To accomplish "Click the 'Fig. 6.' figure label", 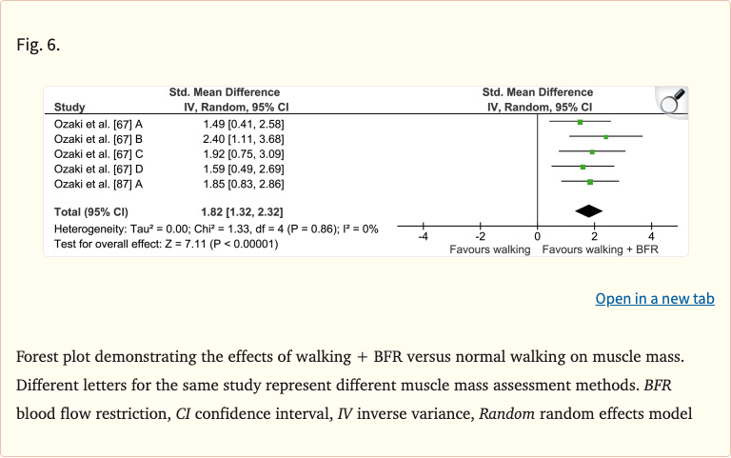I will pyautogui.click(x=38, y=45).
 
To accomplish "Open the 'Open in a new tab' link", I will pyautogui.click(x=654, y=299).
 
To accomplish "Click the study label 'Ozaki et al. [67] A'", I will pyautogui.click(x=99, y=124).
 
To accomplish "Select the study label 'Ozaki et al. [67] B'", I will pyautogui.click(x=99, y=139).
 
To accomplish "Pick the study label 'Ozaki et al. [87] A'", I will pyautogui.click(x=99, y=183).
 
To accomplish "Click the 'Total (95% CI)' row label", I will pyautogui.click(x=94, y=210).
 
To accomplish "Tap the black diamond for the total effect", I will pyautogui.click(x=589, y=210).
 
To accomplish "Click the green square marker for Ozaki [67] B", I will pyautogui.click(x=605, y=137).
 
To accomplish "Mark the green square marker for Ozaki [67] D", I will pyautogui.click(x=583, y=168).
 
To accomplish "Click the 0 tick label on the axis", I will pyautogui.click(x=538, y=237).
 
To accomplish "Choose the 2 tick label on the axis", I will pyautogui.click(x=594, y=237).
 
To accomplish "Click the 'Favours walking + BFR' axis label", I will pyautogui.click(x=600, y=249).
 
